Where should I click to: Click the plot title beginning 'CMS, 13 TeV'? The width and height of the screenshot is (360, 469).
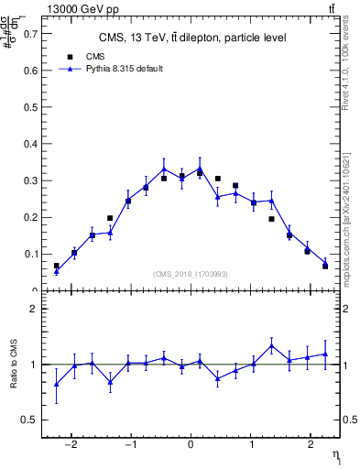pos(192,38)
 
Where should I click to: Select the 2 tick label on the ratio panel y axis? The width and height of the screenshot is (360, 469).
pos(36,309)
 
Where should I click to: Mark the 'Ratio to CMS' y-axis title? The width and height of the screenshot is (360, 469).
pos(15,365)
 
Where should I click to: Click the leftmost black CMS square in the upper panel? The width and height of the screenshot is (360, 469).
pos(57,266)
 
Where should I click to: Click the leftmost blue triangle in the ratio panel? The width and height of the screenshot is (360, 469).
pos(57,384)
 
